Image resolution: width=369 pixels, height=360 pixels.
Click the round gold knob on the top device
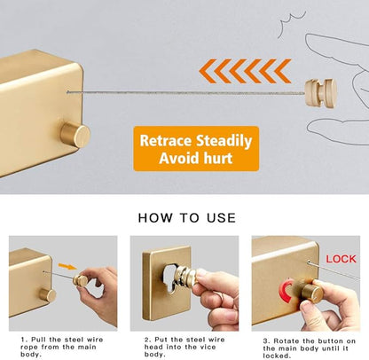click(x=75, y=136)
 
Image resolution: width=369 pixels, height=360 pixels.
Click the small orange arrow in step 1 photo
click(x=66, y=264)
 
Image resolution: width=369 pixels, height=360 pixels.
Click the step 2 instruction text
click(x=184, y=346)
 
